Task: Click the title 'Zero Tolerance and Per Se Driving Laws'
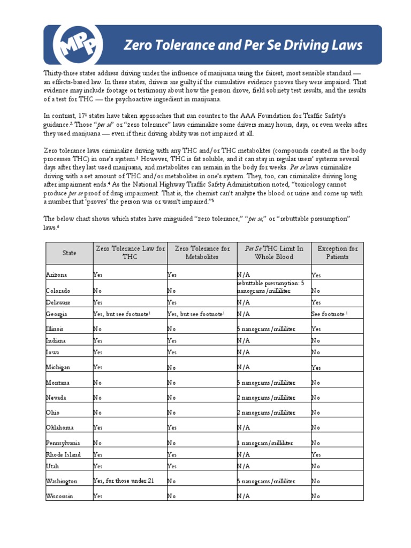243,45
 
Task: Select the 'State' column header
69,253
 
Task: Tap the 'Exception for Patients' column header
337,253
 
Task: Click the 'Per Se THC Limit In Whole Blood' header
274,253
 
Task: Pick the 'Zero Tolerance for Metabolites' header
202,253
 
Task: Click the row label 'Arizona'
57,275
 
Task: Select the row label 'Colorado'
58,291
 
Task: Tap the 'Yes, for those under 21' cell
124,481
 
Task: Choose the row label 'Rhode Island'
64,454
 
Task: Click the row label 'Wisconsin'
60,496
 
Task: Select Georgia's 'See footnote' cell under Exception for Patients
329,314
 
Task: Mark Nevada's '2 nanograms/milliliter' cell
267,398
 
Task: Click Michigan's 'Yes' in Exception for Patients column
316,368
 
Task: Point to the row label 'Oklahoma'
60,428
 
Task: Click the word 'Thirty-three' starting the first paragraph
60,73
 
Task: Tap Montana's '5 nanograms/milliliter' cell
267,383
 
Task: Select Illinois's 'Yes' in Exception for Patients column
316,329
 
